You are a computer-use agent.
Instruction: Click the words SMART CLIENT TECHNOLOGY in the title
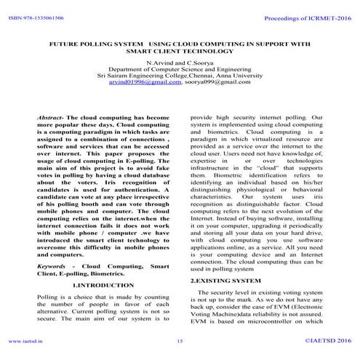180,52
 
